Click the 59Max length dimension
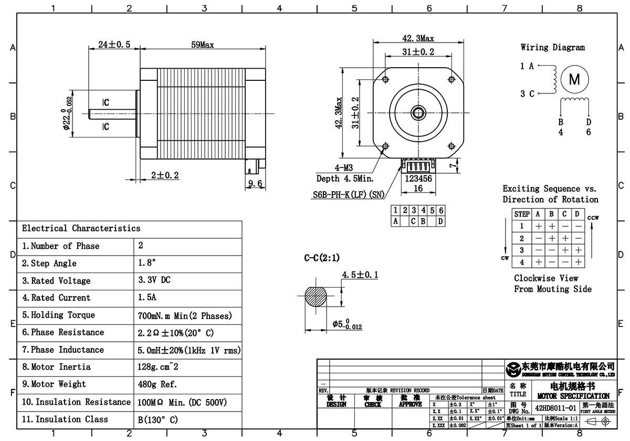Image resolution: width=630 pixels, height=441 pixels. pos(202,45)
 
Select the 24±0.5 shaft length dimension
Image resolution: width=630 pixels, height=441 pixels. pos(114,45)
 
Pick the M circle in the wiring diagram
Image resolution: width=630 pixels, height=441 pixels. pos(574,80)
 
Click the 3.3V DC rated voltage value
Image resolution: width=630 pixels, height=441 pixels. pos(154,280)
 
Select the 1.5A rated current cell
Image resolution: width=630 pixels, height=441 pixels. pos(148,298)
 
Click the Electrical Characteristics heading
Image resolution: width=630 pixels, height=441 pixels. pos(81,228)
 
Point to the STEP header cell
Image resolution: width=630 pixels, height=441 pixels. pos(522,214)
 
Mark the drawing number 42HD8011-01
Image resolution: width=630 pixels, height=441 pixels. pos(556,407)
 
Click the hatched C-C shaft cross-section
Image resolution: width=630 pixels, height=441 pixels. pos(317,298)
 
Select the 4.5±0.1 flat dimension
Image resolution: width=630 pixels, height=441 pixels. pos(360,275)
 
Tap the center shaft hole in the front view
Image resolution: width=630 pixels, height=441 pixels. pos(418,112)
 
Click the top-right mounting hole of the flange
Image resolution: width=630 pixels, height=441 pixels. pos(451,79)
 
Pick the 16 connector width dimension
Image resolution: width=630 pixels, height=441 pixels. pos(418,188)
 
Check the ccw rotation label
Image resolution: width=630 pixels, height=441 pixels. pos(593,217)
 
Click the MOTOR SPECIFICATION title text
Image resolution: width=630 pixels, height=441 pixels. pos(574,395)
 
